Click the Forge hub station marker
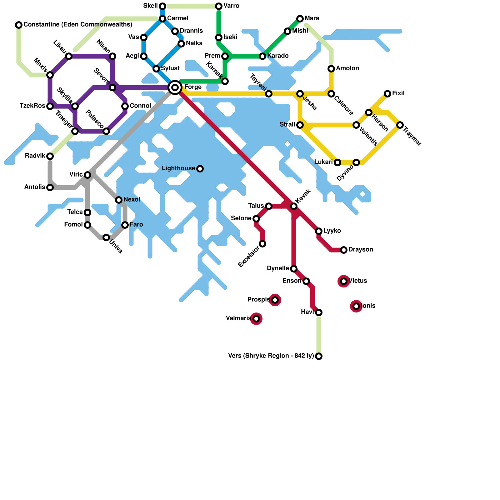(x=175, y=87)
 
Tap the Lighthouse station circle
(x=200, y=169)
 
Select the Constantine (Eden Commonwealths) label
(x=78, y=25)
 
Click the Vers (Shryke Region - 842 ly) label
(x=271, y=356)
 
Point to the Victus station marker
(x=344, y=281)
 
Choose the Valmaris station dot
(x=256, y=319)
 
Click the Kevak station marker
(x=294, y=206)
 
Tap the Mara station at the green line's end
(x=300, y=19)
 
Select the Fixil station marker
(x=387, y=94)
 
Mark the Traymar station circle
(x=400, y=125)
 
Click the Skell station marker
(x=162, y=6)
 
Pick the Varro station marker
(x=219, y=6)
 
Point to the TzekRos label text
(x=32, y=106)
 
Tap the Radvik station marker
(x=50, y=156)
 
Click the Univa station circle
(x=106, y=237)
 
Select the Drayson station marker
(x=344, y=250)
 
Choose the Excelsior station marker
(x=262, y=244)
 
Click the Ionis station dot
(x=356, y=306)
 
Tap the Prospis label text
(x=258, y=300)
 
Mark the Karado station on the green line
(x=262, y=56)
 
